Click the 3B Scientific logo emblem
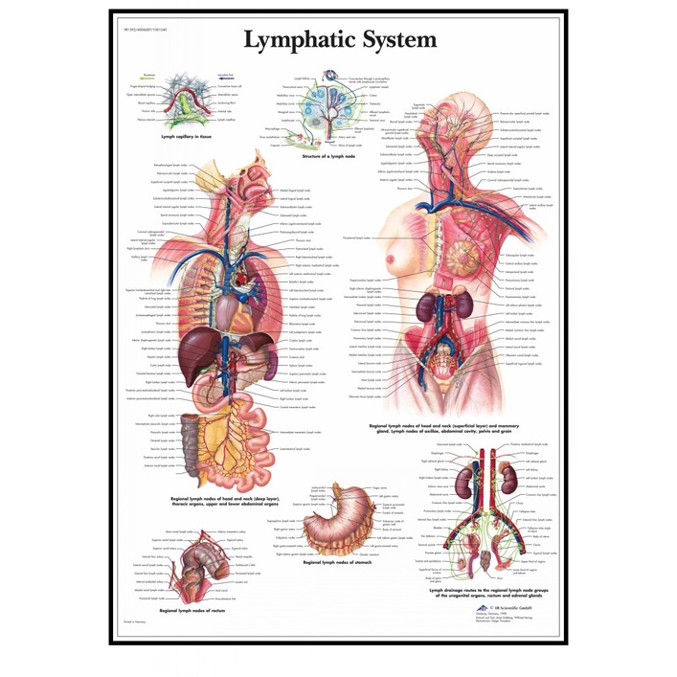pos(489,606)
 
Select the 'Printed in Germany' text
pos(134,621)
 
